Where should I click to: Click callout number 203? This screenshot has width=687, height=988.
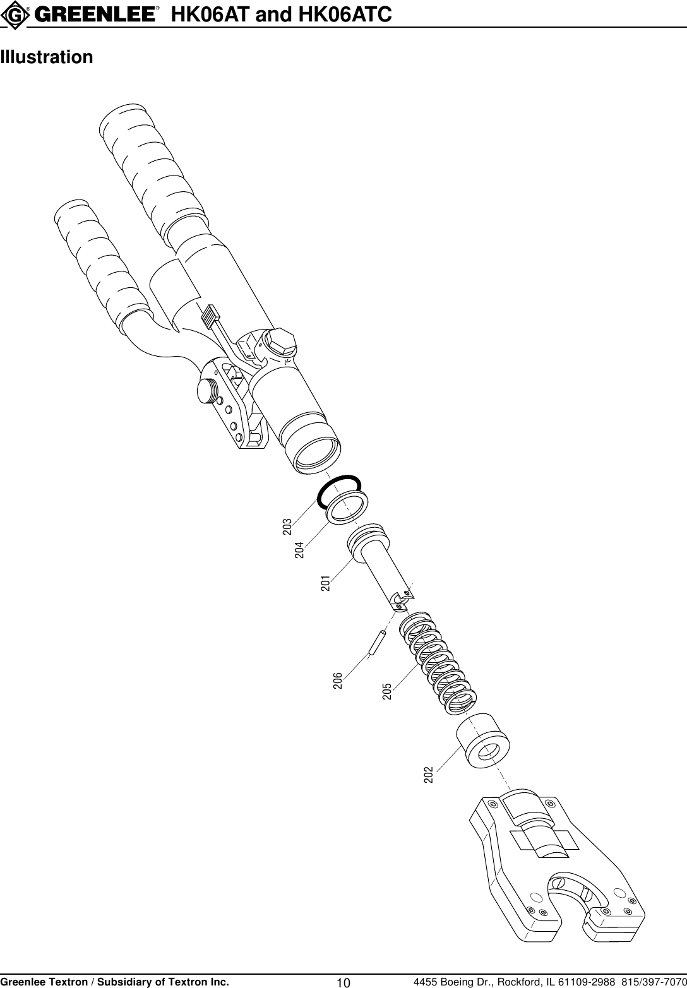pos(287,527)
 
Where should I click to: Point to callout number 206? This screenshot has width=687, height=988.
pos(338,681)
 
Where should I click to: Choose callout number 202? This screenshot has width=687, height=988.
pos(428,775)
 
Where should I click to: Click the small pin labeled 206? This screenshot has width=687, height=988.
pos(377,643)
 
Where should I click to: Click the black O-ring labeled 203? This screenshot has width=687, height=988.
pos(339,489)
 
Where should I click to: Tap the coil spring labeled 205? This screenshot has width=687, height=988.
pos(437,663)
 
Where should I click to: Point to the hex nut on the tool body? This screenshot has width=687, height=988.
pos(278,342)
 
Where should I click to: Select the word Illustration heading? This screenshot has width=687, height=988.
pos(47,57)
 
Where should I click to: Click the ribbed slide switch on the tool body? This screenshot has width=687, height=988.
pos(210,316)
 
